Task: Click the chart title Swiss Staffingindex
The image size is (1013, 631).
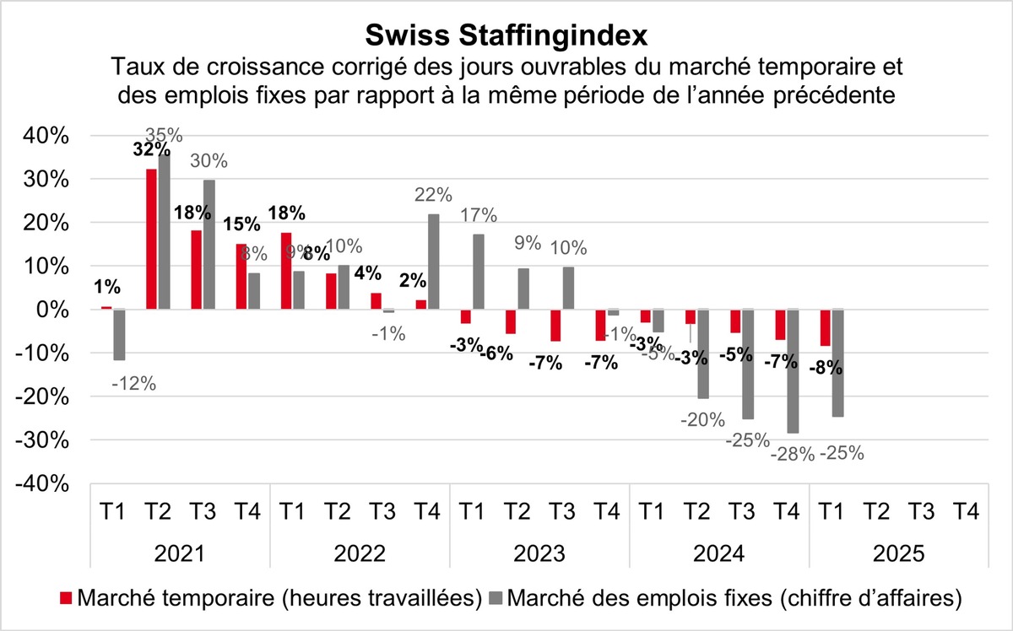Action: (x=506, y=35)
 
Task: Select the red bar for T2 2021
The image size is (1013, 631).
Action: (x=151, y=240)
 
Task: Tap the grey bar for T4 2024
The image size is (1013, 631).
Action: (x=792, y=371)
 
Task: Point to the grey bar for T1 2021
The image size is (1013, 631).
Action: (x=119, y=335)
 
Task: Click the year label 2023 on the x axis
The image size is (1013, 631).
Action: (x=539, y=555)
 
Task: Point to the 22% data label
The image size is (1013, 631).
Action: (x=432, y=195)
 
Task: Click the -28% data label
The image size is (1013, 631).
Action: (x=791, y=455)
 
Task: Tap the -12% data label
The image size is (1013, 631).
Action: (x=133, y=384)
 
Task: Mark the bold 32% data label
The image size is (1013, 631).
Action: (x=152, y=149)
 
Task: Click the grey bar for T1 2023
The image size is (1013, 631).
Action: (x=478, y=272)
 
